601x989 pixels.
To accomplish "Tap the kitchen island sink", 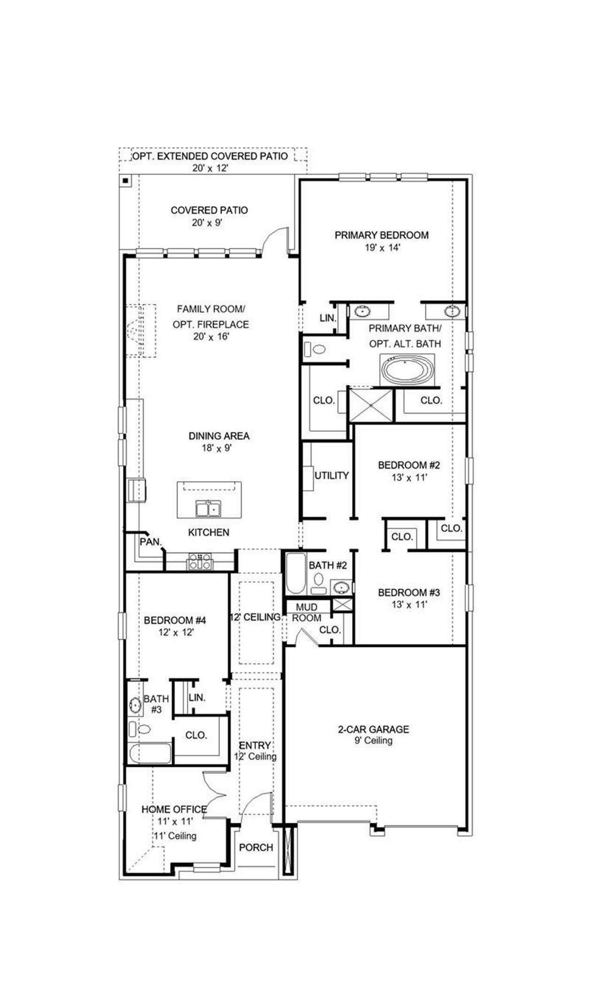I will click(208, 508).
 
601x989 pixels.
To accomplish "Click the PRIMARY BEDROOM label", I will click(381, 235).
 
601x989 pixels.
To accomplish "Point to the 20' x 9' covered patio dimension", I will click(207, 222).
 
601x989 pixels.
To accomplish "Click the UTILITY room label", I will click(331, 475).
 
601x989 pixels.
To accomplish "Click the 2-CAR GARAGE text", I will click(373, 729).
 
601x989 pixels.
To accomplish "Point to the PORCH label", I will click(256, 847).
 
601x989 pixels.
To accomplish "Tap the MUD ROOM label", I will click(307, 613).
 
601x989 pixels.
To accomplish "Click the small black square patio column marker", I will click(125, 180).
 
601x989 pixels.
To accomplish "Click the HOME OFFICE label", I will click(174, 809).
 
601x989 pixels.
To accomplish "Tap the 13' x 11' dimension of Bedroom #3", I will click(409, 604).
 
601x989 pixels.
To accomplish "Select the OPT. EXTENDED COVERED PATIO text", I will click(210, 156).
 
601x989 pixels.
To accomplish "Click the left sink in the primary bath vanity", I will click(362, 310).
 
